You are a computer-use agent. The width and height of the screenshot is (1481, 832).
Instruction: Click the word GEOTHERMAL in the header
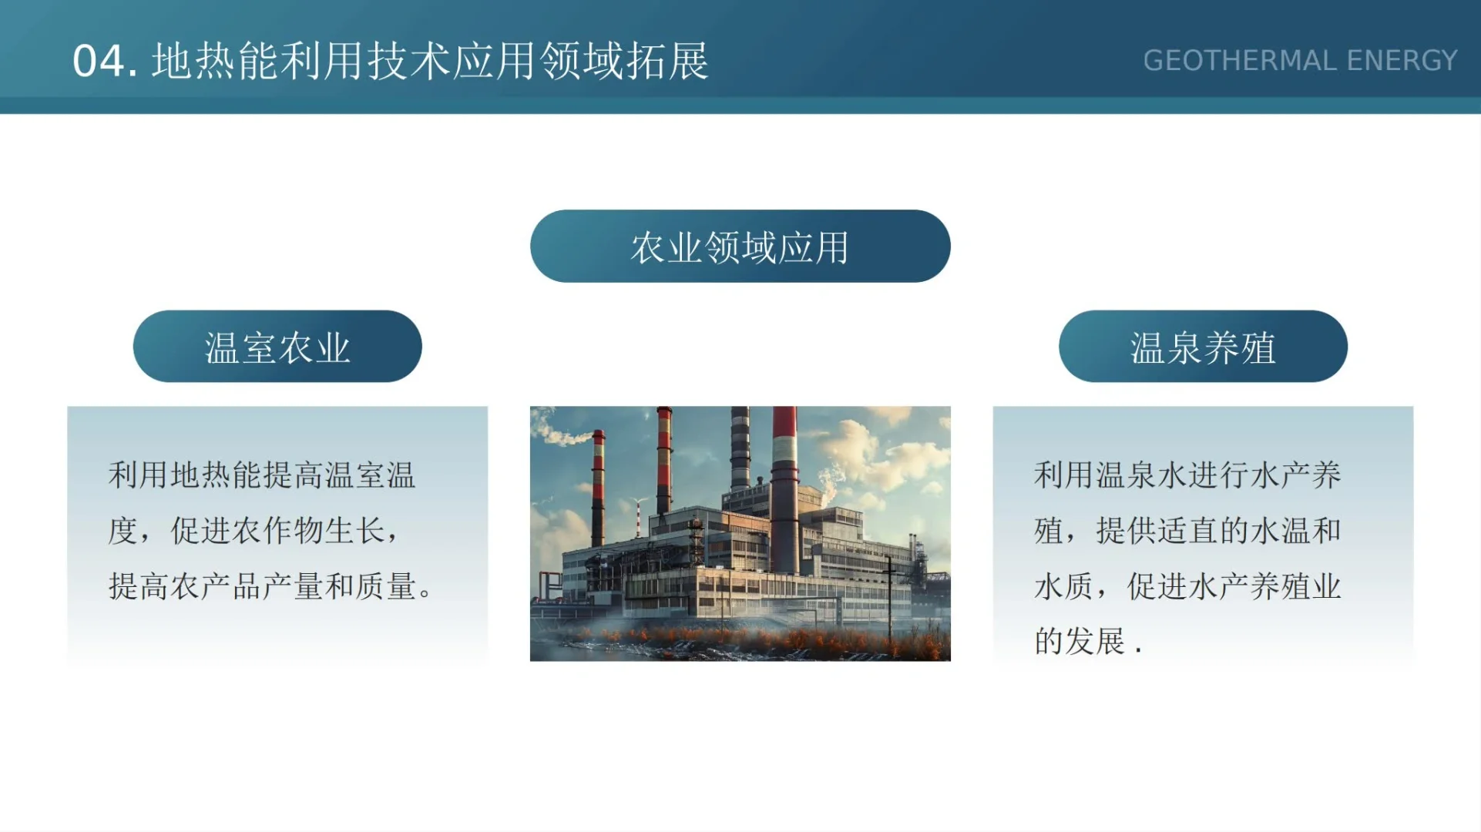(1239, 61)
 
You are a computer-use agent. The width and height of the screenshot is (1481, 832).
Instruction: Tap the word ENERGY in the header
(1402, 61)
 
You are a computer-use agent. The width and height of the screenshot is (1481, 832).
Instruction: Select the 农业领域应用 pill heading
(740, 247)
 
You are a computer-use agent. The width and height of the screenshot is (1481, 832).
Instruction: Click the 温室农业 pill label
(277, 347)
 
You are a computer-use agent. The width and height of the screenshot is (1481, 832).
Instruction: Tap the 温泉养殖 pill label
(1203, 347)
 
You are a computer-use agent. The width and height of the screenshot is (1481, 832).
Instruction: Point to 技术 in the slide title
(408, 61)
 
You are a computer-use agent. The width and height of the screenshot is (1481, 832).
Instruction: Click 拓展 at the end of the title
(667, 61)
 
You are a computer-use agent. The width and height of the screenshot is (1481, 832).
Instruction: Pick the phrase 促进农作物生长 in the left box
(277, 531)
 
